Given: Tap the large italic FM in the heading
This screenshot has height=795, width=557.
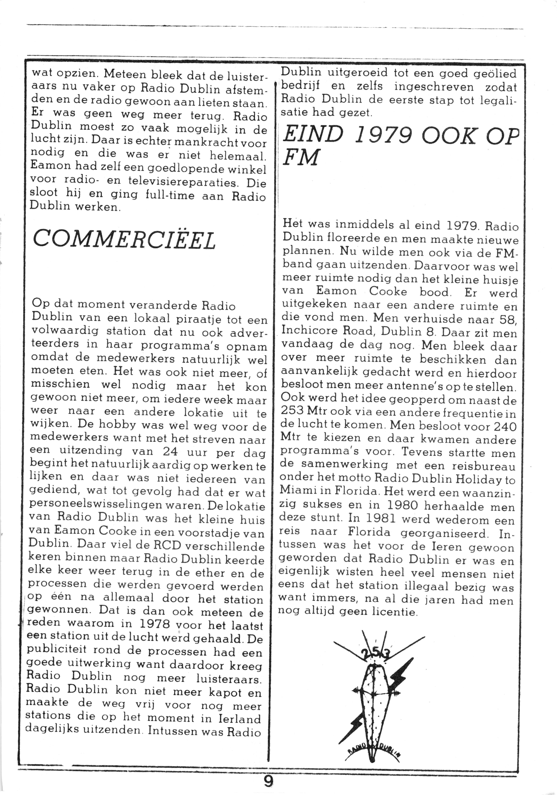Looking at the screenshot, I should (300, 159).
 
